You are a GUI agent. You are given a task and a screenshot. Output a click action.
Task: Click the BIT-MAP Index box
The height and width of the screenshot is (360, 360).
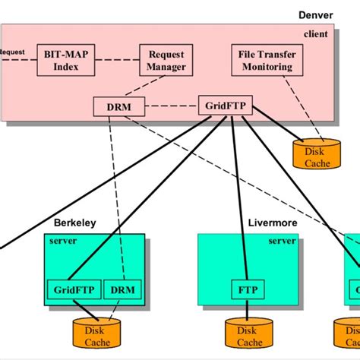(66, 60)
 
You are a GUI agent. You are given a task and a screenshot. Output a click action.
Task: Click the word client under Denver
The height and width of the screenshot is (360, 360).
(317, 33)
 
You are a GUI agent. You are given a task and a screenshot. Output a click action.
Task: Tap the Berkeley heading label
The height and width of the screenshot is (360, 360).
(74, 223)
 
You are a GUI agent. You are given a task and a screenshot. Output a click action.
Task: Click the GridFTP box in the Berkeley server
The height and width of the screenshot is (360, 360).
(73, 289)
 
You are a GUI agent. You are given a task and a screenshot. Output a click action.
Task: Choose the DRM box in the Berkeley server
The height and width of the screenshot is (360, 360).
(117, 289)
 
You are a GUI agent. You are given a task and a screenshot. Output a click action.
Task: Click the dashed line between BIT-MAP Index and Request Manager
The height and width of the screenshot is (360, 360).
(118, 60)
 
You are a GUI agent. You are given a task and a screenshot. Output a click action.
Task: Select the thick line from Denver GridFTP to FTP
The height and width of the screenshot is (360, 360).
(235, 197)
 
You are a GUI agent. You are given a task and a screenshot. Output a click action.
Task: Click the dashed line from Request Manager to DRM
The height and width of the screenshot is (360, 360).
(144, 87)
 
